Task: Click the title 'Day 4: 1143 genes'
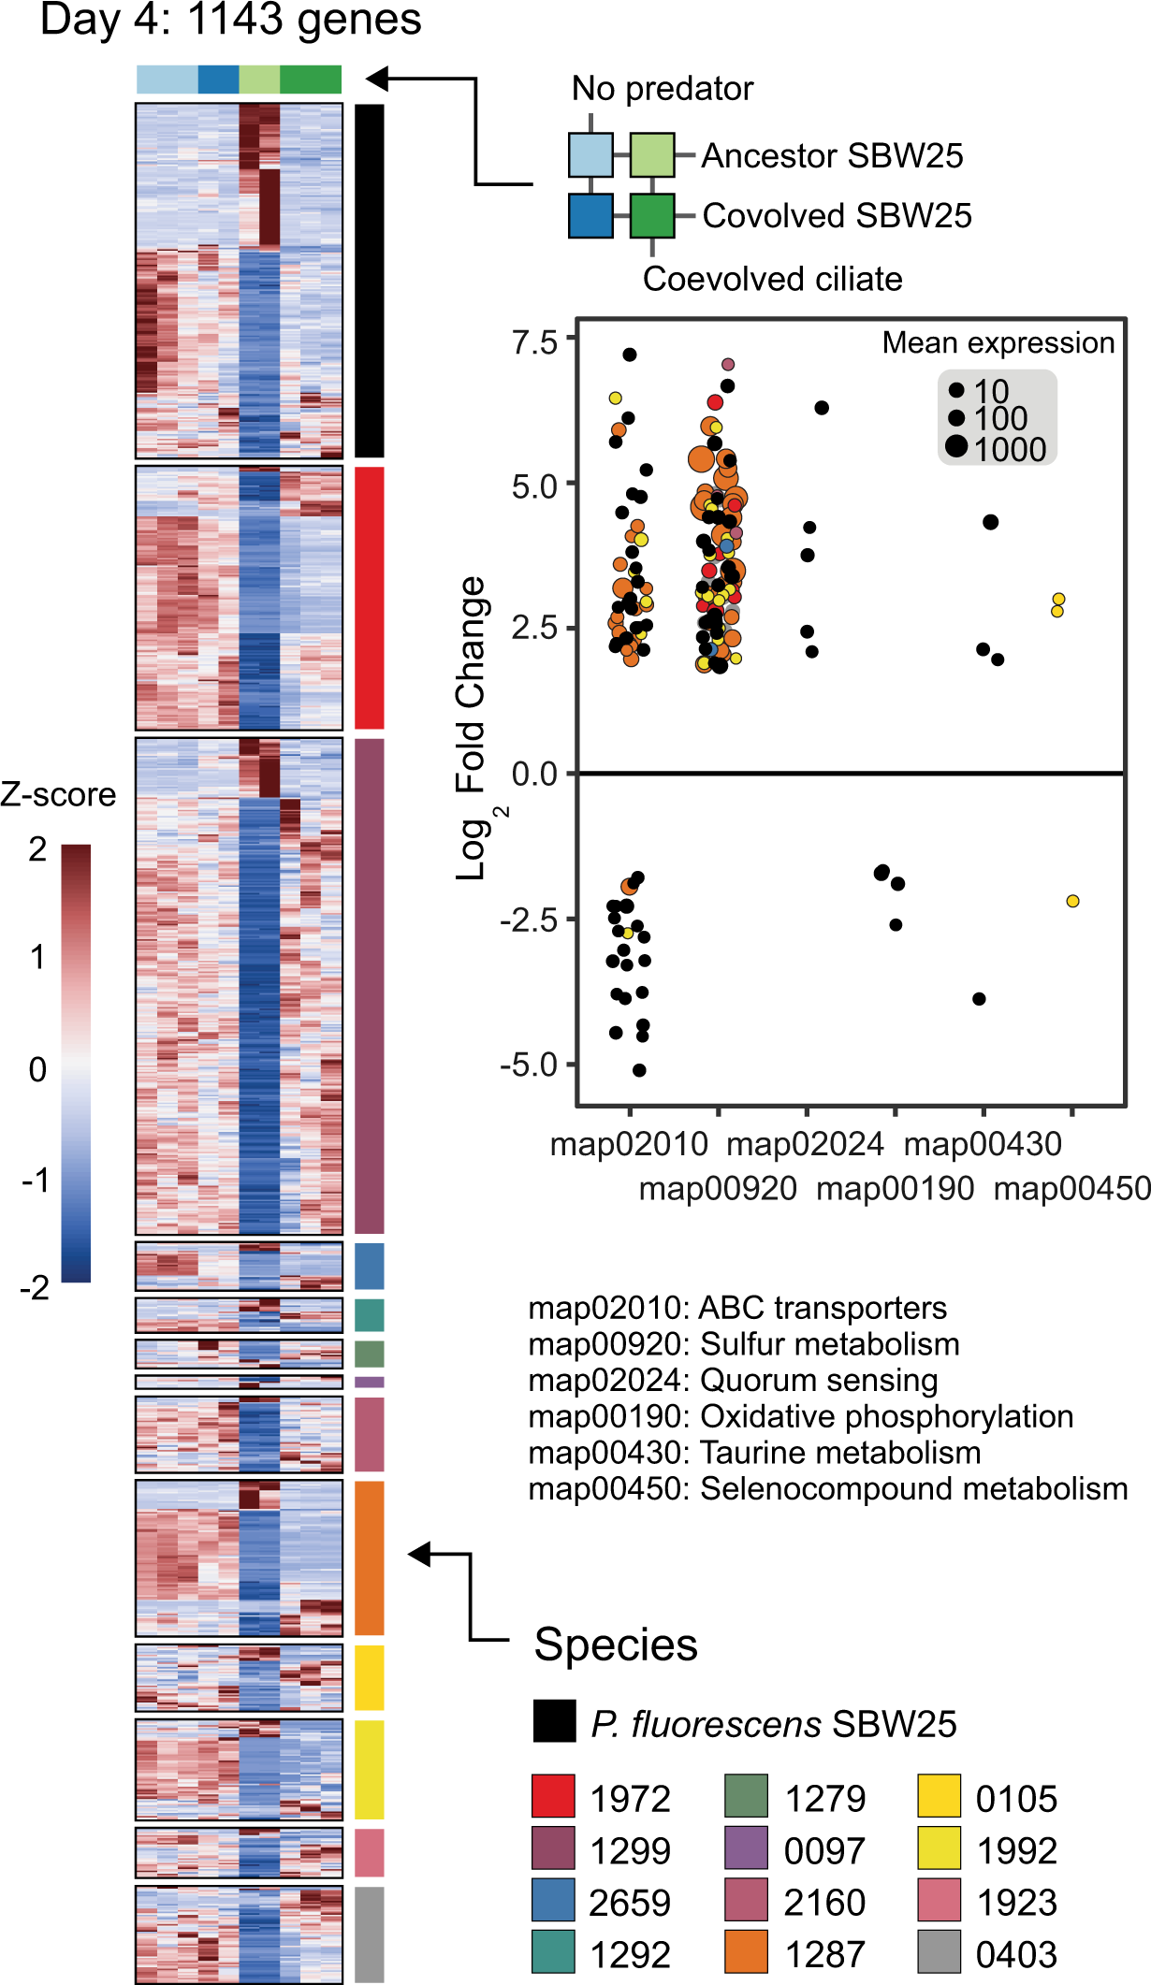pos(230,20)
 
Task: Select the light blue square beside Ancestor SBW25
pos(590,155)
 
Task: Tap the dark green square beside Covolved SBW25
pos(652,215)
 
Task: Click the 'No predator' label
pos(662,89)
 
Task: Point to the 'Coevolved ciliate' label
pos(772,279)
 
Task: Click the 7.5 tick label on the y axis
pos(533,342)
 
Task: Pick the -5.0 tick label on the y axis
pos(528,1065)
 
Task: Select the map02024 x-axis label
pos(805,1144)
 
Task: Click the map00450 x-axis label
pos(1071,1189)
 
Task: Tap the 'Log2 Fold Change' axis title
pos(472,730)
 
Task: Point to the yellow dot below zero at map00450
pos(1072,901)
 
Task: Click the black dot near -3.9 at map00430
pos(979,999)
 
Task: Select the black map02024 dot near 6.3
pos(822,408)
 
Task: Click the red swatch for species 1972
pos(552,1795)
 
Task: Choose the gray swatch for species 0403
pos(939,1951)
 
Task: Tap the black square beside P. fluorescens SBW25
pos(554,1721)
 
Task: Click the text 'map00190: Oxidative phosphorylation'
pos(800,1416)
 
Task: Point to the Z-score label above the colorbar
pos(58,795)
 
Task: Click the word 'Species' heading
pos(616,1645)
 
